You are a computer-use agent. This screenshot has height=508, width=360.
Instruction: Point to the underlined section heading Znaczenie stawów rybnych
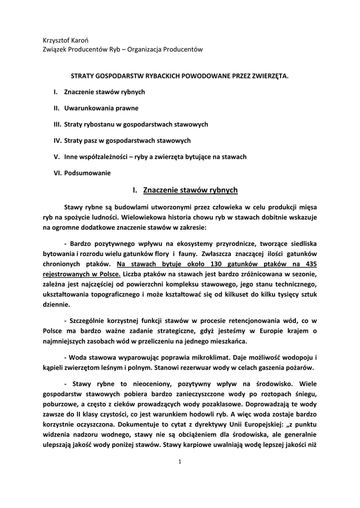point(190,190)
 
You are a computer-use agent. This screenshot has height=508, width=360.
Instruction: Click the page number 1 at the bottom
point(180,462)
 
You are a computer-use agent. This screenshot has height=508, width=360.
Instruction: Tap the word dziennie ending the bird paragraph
point(57,305)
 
